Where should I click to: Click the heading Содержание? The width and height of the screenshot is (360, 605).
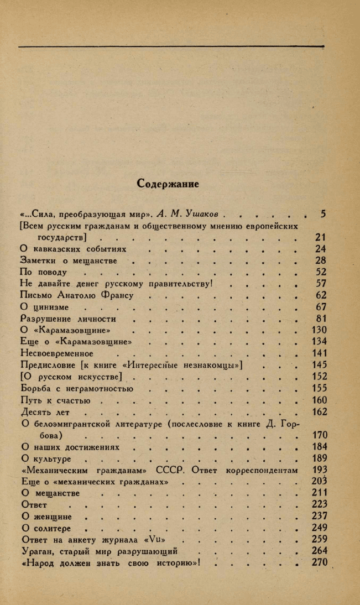(x=168, y=184)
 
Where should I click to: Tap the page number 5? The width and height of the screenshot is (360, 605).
(x=324, y=214)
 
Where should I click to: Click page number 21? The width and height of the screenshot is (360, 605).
(x=321, y=237)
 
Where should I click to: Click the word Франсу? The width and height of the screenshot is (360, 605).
(x=114, y=295)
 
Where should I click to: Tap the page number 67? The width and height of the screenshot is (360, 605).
(x=321, y=307)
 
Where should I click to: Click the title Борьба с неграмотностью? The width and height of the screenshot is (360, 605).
(x=77, y=388)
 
